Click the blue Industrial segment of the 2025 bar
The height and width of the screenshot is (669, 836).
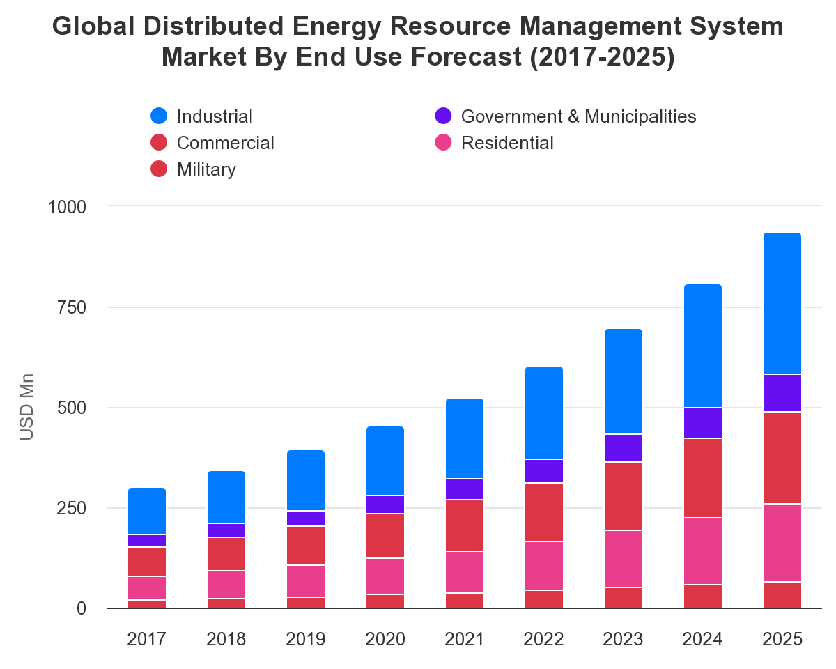click(x=782, y=304)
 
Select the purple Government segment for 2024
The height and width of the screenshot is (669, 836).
click(x=703, y=423)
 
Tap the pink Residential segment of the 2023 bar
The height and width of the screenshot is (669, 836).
click(x=624, y=559)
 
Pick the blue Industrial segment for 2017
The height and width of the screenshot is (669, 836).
click(x=147, y=512)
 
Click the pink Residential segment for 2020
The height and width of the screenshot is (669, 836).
click(x=385, y=576)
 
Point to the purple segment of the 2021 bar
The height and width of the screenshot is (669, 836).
click(x=465, y=489)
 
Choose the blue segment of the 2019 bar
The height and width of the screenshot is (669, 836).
click(x=306, y=481)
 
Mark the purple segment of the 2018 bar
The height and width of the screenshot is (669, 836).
click(x=226, y=530)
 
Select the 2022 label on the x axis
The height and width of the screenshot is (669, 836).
click(x=544, y=639)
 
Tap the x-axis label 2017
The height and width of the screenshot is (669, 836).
click(x=147, y=639)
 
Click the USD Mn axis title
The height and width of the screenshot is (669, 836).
click(x=26, y=408)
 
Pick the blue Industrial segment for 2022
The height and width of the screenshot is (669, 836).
click(x=544, y=413)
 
